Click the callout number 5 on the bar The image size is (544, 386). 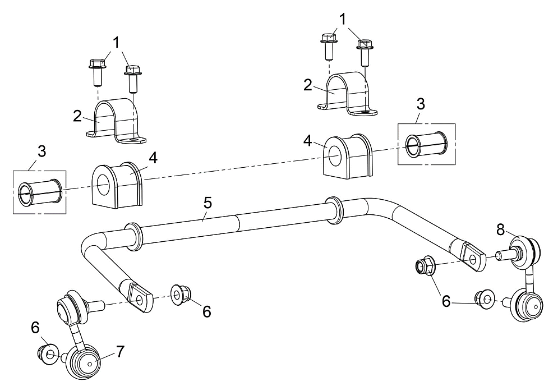click(208, 203)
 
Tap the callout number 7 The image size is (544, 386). click(119, 352)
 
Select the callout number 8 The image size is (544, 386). click(500, 229)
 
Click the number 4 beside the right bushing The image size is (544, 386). click(308, 141)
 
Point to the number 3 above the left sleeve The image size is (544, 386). click(42, 151)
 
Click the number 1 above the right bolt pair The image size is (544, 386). click(343, 20)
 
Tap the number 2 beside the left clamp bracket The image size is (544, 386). click(77, 116)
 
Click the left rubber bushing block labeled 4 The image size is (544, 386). click(117, 185)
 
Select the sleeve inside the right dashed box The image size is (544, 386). click(426, 144)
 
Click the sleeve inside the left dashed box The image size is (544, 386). click(40, 192)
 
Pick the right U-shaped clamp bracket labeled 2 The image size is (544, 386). click(347, 94)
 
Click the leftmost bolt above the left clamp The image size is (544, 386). click(98, 72)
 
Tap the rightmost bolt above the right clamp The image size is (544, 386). click(365, 53)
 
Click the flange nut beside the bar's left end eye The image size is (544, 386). click(181, 295)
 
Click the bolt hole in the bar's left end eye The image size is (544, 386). click(140, 300)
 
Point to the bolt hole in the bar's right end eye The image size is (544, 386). click(472, 260)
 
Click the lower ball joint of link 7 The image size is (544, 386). click(84, 362)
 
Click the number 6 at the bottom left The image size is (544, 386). click(35, 328)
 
